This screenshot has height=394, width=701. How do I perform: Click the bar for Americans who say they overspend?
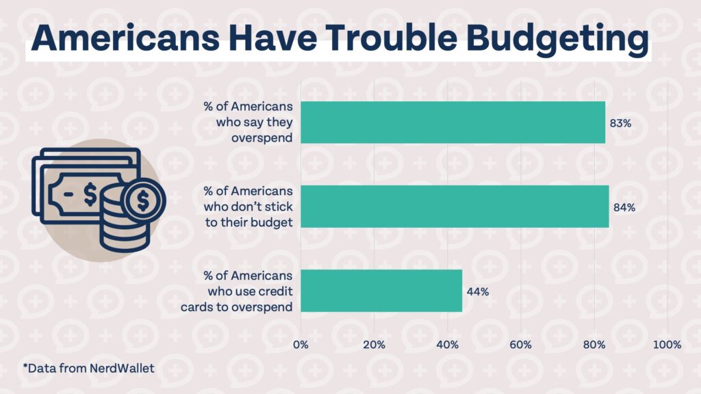(x=453, y=122)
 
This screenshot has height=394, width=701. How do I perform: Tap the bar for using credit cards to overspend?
(x=381, y=291)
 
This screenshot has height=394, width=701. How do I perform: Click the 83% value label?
(x=620, y=123)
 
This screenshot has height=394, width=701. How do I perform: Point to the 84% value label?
(x=624, y=207)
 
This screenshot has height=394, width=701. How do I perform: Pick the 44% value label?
(x=477, y=291)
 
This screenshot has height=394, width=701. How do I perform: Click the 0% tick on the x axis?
(x=301, y=344)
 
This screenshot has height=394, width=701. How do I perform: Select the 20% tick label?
(x=374, y=344)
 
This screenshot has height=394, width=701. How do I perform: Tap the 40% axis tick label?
(x=447, y=344)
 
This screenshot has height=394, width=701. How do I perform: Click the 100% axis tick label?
(x=667, y=344)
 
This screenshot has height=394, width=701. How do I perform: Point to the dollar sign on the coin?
(x=142, y=200)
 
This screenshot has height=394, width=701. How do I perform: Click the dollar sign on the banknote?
(x=90, y=194)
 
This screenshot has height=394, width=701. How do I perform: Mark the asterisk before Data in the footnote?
(x=25, y=367)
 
